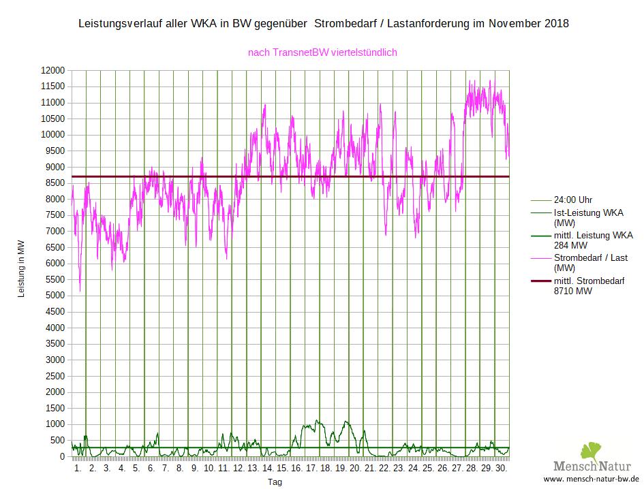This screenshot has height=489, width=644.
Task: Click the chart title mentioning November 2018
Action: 324,24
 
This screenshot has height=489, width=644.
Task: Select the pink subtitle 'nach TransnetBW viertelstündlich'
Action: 322,52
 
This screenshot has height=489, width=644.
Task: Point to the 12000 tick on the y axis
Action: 52,71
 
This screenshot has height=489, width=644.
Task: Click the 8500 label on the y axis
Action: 54,183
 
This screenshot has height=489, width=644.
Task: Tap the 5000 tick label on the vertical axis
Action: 54,296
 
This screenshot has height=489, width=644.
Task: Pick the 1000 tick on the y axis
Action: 54,424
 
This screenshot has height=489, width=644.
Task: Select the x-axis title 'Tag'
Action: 274,482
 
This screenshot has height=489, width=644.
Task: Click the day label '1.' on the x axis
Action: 78,469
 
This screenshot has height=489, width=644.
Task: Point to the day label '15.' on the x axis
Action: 282,469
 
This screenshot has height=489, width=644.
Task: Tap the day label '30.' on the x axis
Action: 501,469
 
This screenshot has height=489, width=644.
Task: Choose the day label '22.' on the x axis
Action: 384,469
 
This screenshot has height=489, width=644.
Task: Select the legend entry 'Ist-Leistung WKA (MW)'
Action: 588,217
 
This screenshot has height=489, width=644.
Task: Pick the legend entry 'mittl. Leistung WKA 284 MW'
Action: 593,240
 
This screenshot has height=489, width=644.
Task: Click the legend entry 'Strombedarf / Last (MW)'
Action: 590,262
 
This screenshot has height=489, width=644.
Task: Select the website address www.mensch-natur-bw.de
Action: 590,479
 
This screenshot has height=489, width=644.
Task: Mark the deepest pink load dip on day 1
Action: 80,291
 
